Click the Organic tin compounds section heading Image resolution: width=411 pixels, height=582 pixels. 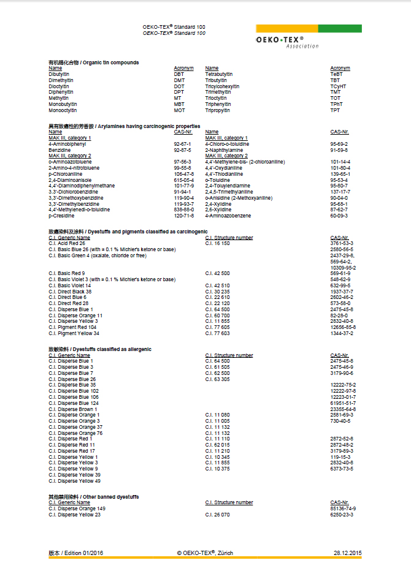93,62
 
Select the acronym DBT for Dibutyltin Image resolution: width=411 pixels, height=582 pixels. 179,74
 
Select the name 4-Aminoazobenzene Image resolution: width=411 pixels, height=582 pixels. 229,216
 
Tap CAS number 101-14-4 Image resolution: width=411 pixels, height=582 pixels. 340,162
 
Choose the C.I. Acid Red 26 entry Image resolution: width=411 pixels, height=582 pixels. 67,243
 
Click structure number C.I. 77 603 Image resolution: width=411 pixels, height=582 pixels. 217,333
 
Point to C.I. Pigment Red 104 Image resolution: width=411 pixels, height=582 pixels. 72,327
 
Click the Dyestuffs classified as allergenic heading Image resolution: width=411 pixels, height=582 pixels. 100,349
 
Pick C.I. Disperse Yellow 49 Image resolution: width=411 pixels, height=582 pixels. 74,481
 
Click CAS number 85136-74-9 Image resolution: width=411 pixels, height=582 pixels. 343,508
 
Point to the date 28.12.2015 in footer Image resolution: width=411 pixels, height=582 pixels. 348,553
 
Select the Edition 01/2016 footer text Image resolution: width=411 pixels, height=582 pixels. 76,553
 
